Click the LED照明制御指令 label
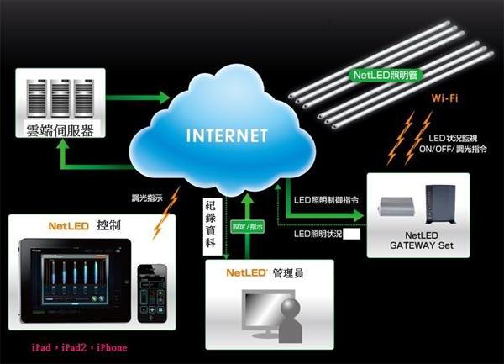coord(329,201)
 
